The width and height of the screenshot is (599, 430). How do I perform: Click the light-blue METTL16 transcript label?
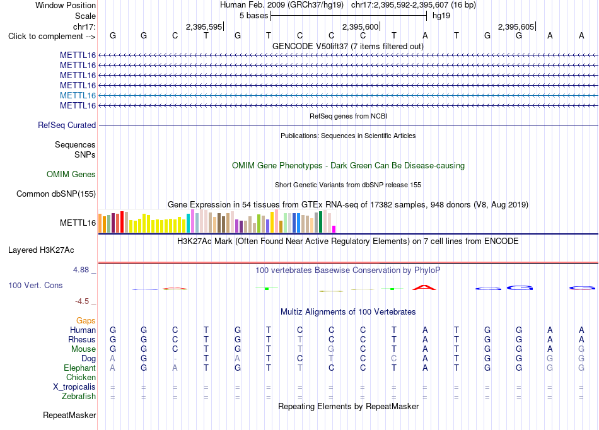(x=78, y=95)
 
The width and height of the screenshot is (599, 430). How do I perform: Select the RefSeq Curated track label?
(x=67, y=125)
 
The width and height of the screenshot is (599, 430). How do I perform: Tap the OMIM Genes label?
(x=71, y=174)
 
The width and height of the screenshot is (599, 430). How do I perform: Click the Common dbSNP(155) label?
(x=56, y=194)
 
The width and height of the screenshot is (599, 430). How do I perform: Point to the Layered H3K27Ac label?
(x=41, y=250)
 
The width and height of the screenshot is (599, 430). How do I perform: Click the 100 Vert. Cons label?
(x=35, y=285)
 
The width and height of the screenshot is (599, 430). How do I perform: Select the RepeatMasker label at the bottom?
(x=69, y=415)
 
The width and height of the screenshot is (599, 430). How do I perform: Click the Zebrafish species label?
(x=79, y=396)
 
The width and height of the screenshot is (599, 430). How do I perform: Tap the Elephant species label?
(x=80, y=368)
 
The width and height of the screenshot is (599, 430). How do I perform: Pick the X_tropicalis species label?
(x=74, y=387)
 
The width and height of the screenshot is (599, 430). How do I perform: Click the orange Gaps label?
(x=86, y=320)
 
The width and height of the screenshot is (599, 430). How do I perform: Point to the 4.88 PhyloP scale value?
(x=81, y=270)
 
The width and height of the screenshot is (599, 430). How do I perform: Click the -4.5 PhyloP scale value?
(x=82, y=301)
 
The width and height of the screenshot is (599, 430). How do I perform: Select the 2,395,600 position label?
(x=360, y=26)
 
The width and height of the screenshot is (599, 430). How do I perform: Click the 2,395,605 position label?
(x=516, y=26)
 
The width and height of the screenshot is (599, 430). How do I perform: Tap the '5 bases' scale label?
(x=254, y=16)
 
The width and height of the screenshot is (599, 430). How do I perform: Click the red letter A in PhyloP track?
(x=424, y=287)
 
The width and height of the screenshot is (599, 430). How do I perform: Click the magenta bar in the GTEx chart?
(x=334, y=229)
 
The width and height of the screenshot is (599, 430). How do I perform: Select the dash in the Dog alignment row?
(x=175, y=359)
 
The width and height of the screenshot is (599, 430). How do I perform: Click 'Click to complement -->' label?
(x=52, y=37)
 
